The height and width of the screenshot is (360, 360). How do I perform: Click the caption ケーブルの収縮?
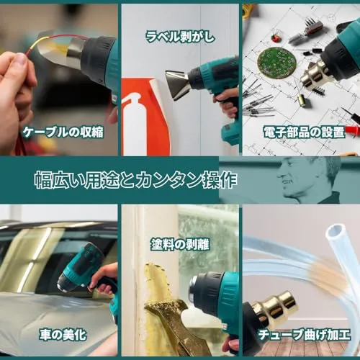[63, 132]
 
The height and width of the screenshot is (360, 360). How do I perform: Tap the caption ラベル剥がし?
[180, 37]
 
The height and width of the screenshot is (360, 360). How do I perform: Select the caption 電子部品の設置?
[304, 132]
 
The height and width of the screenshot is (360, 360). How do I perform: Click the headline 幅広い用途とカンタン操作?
[136, 180]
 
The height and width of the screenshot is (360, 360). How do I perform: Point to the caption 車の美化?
[63, 335]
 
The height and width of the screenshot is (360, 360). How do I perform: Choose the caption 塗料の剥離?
[180, 245]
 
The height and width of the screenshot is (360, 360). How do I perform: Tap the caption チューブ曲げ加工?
[304, 335]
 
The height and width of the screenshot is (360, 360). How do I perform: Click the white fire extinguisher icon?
[134, 127]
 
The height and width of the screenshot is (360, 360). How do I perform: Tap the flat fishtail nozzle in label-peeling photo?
[178, 84]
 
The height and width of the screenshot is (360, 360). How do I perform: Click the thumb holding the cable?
[19, 64]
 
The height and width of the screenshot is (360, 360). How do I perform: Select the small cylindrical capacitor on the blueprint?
[301, 100]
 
